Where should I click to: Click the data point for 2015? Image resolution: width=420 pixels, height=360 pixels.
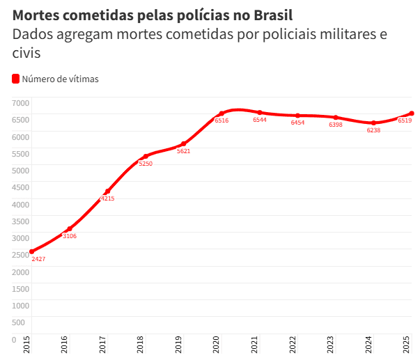(x=31, y=251)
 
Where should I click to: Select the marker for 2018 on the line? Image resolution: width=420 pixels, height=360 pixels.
(x=146, y=157)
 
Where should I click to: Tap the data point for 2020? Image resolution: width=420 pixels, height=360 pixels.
(x=221, y=114)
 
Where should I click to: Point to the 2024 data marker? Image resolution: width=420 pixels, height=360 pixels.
(x=374, y=123)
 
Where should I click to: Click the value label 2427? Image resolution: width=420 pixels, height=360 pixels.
(x=39, y=259)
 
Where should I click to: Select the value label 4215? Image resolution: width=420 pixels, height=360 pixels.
(x=107, y=198)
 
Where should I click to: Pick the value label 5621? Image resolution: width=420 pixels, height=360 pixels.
(x=184, y=151)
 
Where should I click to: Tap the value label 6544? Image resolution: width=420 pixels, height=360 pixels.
(x=260, y=120)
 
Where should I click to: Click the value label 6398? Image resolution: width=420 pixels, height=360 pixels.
(x=336, y=125)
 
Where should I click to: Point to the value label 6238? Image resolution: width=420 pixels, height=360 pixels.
(x=374, y=130)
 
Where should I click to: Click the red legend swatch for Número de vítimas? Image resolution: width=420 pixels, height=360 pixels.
(x=16, y=79)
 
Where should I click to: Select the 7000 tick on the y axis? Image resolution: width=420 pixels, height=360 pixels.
(x=20, y=103)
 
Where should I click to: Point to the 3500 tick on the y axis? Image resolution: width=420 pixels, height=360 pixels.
(x=20, y=221)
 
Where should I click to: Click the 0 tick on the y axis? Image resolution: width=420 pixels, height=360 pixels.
(x=13, y=340)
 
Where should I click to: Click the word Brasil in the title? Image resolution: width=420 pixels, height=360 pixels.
(x=269, y=15)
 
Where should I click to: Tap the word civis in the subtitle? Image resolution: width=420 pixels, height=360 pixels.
(x=27, y=53)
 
